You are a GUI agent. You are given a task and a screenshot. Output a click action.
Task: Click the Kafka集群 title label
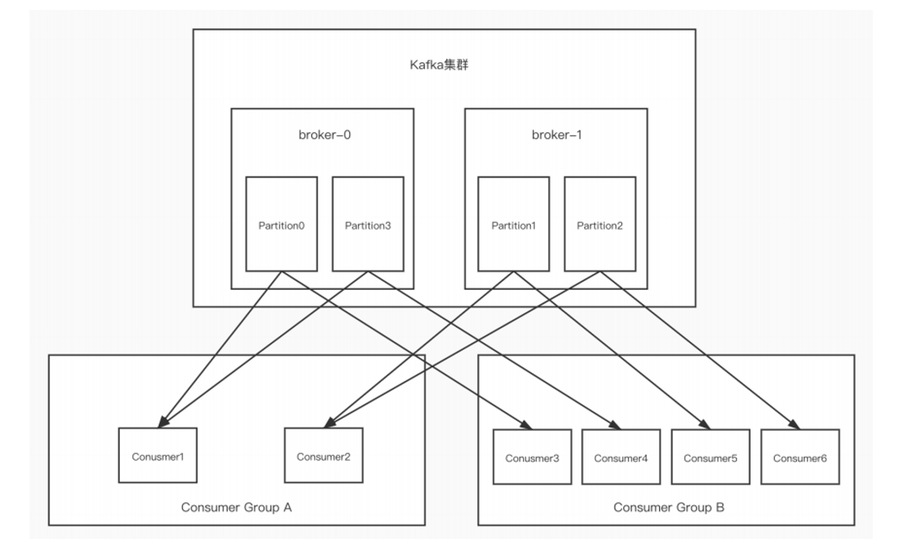[x=439, y=65]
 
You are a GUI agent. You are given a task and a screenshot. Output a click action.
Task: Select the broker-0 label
[x=324, y=135]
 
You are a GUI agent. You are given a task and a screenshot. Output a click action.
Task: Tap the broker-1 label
[x=556, y=135]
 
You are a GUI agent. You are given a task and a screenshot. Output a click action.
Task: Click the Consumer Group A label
[x=236, y=507]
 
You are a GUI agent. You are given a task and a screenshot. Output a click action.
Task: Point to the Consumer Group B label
[x=669, y=507]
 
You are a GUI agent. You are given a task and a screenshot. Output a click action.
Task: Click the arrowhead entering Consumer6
[x=795, y=425]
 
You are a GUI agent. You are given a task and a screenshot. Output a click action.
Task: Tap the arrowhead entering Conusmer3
[x=527, y=425]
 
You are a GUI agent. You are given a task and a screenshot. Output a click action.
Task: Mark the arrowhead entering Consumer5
[x=705, y=425]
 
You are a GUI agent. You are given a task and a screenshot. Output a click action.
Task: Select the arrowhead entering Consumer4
[x=616, y=425]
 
